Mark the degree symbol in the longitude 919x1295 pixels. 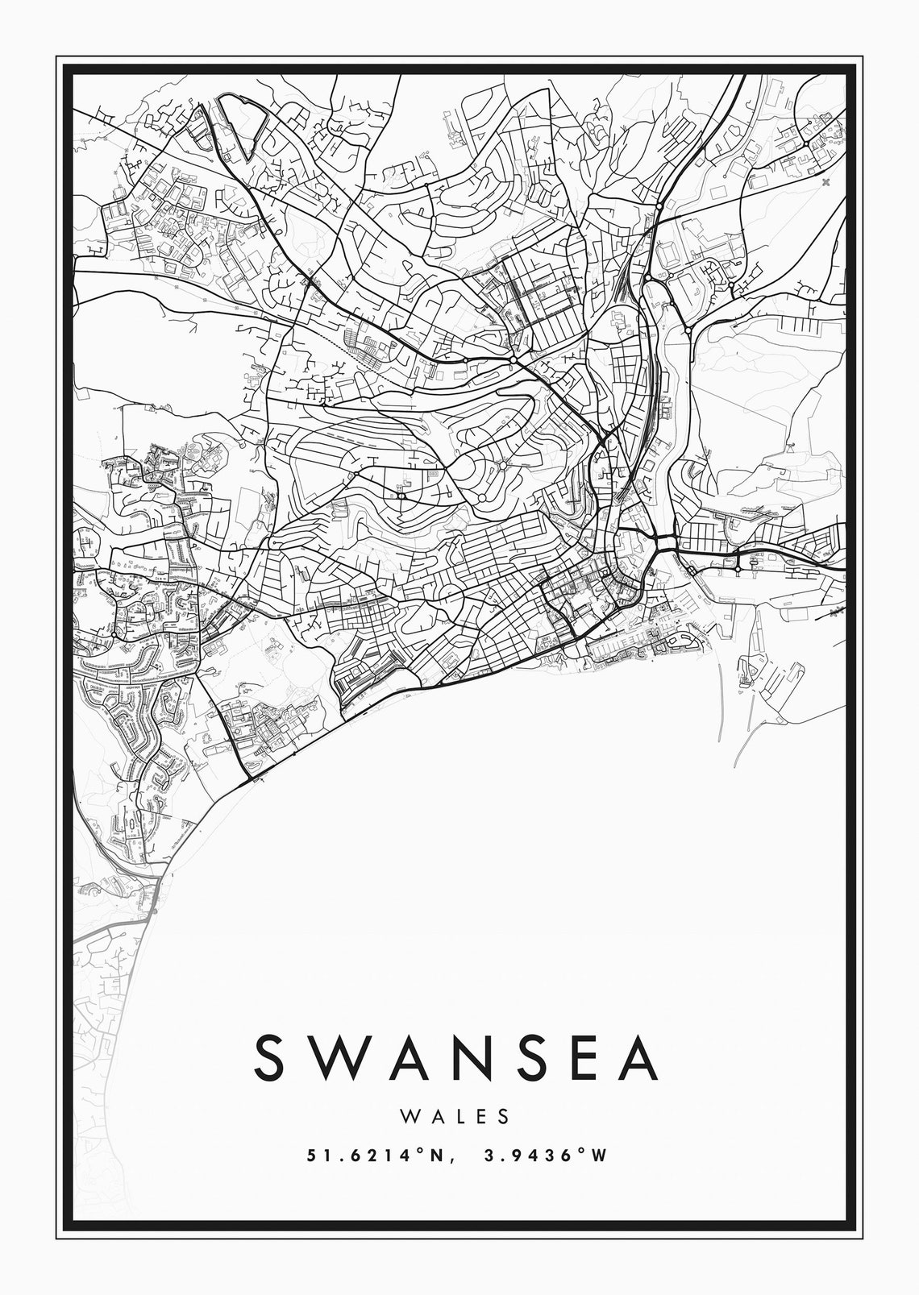coord(581,1151)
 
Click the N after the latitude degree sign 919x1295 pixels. coord(435,1156)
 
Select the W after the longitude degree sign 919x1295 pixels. coord(597,1156)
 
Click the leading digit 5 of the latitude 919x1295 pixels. coord(311,1156)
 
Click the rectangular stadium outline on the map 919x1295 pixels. coord(668,254)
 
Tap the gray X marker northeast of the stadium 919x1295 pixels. coord(825,183)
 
